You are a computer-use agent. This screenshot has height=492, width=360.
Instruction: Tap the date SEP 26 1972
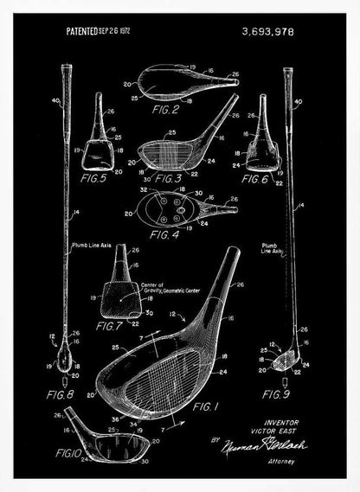pyautogui.click(x=127, y=31)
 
